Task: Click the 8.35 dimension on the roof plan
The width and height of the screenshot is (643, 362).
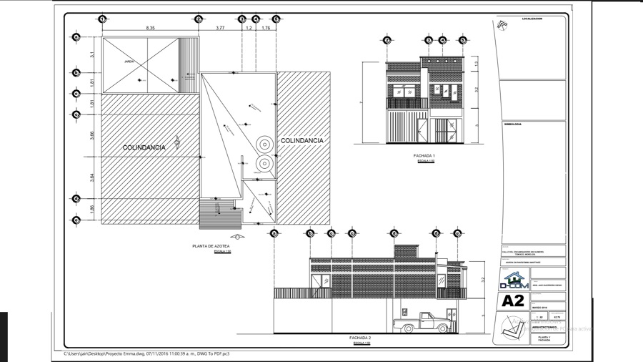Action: (x=150, y=27)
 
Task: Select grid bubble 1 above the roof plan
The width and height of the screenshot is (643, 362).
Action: (x=103, y=19)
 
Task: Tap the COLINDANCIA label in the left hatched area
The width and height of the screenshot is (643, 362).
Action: (x=144, y=147)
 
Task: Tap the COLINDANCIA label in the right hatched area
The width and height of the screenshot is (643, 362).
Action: (x=301, y=140)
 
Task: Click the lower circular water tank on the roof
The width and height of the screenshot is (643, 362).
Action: (x=264, y=163)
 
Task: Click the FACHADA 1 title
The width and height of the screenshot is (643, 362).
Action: (x=424, y=155)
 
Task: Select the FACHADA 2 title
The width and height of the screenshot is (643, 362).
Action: (x=360, y=337)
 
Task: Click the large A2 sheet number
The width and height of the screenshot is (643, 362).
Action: (x=513, y=301)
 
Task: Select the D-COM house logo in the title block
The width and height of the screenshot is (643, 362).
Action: (x=512, y=281)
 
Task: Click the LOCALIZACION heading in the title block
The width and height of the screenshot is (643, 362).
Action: (x=532, y=19)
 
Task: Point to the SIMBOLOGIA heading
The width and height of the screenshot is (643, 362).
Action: (x=513, y=124)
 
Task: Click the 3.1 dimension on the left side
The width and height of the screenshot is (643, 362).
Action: (x=92, y=54)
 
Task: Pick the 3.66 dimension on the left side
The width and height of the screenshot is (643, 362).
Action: (x=92, y=134)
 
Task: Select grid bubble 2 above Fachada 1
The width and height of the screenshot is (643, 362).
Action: (x=387, y=40)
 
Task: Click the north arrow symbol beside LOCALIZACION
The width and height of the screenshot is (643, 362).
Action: (x=502, y=26)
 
